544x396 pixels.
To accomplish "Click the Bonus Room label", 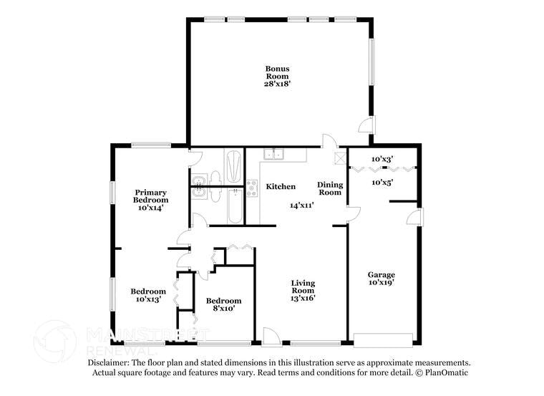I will [278, 72].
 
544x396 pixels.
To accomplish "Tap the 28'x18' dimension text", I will [278, 84].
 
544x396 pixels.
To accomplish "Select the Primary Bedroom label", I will [152, 196].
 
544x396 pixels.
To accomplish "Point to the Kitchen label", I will [281, 187].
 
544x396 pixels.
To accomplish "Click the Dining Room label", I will [330, 188].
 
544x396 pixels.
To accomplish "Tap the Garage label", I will [382, 274].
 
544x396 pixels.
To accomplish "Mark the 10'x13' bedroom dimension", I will [148, 299].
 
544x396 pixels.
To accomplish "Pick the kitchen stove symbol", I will [252, 188].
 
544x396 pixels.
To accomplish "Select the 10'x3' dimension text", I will [382, 159].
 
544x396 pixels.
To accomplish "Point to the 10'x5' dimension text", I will [382, 182].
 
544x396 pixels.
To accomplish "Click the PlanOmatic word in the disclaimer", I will [447, 373].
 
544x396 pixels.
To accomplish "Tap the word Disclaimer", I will [108, 363].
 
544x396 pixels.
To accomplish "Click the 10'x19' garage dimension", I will [382, 283].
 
